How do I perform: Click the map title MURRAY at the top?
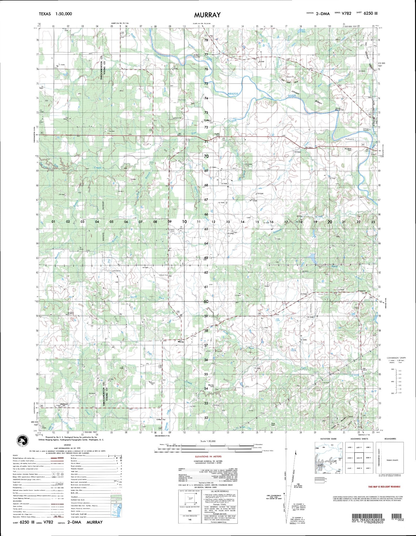tap(207, 15)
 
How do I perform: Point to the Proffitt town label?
tap(207, 120)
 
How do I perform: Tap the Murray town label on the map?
tap(181, 342)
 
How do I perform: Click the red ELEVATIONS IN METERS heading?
tap(208, 456)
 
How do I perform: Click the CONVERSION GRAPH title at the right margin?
tap(396, 358)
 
